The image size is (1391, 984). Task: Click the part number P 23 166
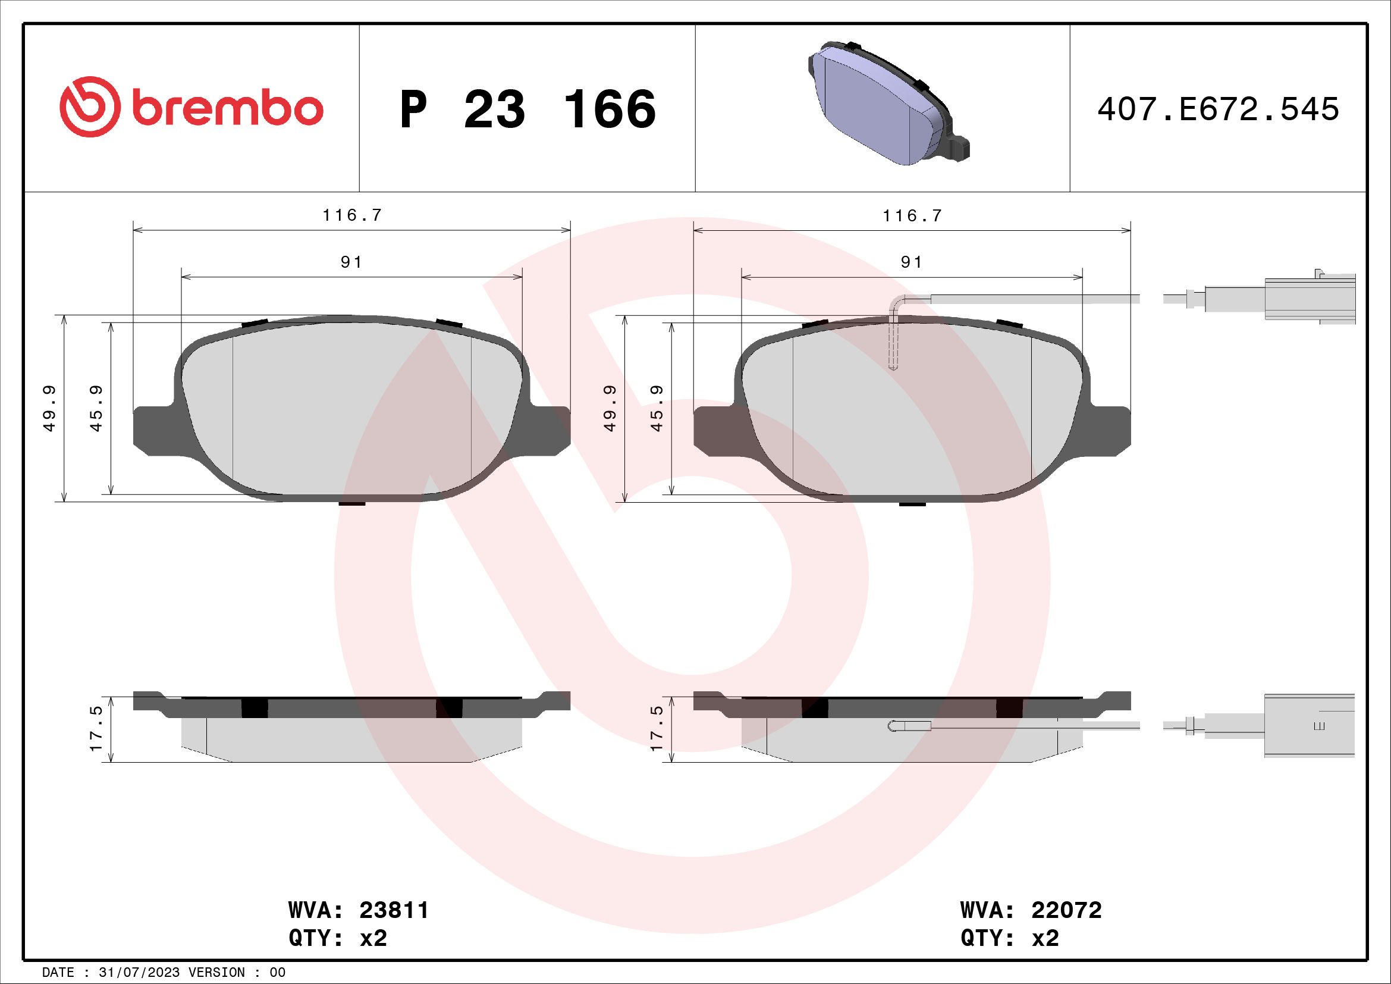point(527,109)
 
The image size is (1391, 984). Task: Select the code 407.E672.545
point(1218,109)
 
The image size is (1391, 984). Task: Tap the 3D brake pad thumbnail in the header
point(888,104)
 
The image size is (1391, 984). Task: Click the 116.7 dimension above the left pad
point(352,216)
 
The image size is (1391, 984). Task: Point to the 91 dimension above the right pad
point(912,262)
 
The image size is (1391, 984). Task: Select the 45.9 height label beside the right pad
point(657,408)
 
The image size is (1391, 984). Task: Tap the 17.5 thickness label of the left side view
point(97,729)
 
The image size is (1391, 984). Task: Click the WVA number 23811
point(394,910)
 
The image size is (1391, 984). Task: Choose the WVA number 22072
point(1066,910)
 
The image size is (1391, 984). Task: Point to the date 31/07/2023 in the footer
point(139,973)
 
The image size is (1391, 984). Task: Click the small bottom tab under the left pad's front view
point(352,503)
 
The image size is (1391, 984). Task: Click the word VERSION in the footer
point(221,973)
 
